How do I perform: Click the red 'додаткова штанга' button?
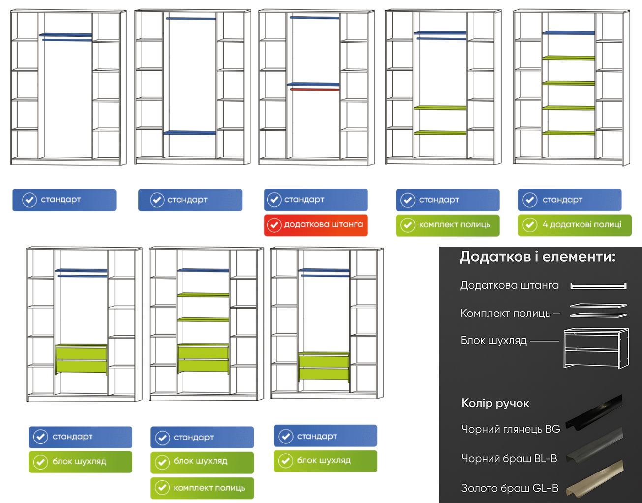click(x=316, y=225)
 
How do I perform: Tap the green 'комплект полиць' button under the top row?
click(x=447, y=225)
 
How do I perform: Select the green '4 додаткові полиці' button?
click(x=574, y=225)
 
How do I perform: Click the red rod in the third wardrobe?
click(x=315, y=90)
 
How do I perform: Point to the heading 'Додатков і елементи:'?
click(x=538, y=257)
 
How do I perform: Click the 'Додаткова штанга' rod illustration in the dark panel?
click(x=598, y=286)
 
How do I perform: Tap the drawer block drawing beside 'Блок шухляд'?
click(x=596, y=348)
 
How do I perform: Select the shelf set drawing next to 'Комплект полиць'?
click(x=598, y=311)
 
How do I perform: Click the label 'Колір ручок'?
click(x=495, y=404)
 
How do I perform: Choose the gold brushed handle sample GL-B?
click(x=594, y=478)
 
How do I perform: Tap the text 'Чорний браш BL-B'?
click(x=509, y=459)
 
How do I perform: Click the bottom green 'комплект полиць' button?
click(x=202, y=488)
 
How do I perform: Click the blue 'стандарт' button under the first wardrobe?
click(x=64, y=200)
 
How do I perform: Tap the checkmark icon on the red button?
click(x=274, y=225)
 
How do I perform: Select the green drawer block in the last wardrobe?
click(x=324, y=366)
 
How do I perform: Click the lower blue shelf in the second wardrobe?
click(x=190, y=133)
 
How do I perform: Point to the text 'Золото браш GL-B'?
click(x=510, y=488)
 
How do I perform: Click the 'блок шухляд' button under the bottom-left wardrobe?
click(x=80, y=462)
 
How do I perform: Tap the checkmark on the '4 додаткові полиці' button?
click(x=530, y=225)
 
